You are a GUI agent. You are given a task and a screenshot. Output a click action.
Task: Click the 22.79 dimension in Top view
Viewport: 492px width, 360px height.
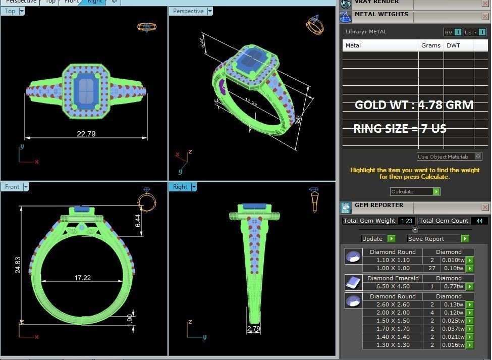click(x=86, y=134)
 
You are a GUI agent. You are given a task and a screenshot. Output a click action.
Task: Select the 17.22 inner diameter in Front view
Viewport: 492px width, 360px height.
click(x=82, y=278)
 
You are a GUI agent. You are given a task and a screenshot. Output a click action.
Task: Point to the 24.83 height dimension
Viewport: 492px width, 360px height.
click(x=18, y=265)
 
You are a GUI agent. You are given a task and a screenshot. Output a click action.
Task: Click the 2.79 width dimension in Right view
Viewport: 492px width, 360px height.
click(x=254, y=329)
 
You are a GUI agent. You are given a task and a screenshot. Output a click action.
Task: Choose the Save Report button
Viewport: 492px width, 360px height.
click(x=438, y=238)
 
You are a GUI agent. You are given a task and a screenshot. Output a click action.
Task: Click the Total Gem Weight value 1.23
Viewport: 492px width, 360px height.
click(x=406, y=221)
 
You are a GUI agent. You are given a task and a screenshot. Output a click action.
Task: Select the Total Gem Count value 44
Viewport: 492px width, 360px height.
click(x=479, y=221)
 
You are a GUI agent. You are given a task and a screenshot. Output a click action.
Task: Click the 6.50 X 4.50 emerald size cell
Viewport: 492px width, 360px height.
click(x=393, y=286)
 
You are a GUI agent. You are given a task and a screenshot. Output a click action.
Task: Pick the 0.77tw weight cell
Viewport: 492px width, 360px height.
click(x=453, y=286)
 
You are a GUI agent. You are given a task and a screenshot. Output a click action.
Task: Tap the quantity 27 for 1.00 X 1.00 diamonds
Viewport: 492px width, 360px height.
click(x=431, y=268)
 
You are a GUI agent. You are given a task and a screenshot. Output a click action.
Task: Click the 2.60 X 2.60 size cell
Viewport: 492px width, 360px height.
click(x=393, y=304)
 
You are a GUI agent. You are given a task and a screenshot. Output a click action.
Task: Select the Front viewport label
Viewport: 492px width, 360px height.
click(x=12, y=187)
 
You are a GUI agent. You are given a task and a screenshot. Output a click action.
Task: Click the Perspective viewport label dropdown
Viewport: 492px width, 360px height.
click(x=210, y=11)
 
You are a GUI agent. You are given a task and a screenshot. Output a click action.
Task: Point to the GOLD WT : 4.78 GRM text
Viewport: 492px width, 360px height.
click(x=414, y=105)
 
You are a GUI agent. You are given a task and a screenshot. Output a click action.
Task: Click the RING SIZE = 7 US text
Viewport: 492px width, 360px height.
click(x=400, y=129)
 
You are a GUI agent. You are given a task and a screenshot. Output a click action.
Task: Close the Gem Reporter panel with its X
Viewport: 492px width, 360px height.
click(x=485, y=207)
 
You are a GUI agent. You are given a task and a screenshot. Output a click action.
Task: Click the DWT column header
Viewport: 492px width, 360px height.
click(x=453, y=45)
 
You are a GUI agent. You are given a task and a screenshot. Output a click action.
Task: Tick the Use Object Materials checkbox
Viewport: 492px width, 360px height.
click(x=478, y=157)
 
